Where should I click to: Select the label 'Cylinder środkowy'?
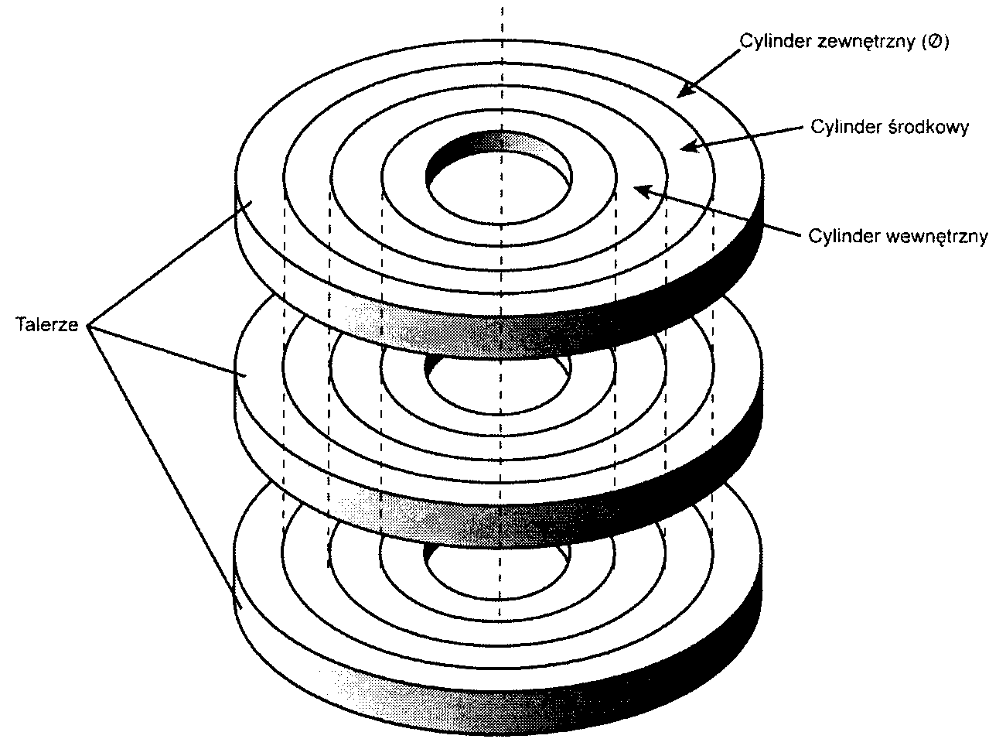[889, 127]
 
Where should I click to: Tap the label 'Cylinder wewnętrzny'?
[898, 236]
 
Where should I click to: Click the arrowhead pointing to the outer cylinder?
[682, 94]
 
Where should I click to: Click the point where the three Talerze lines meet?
[89, 327]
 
